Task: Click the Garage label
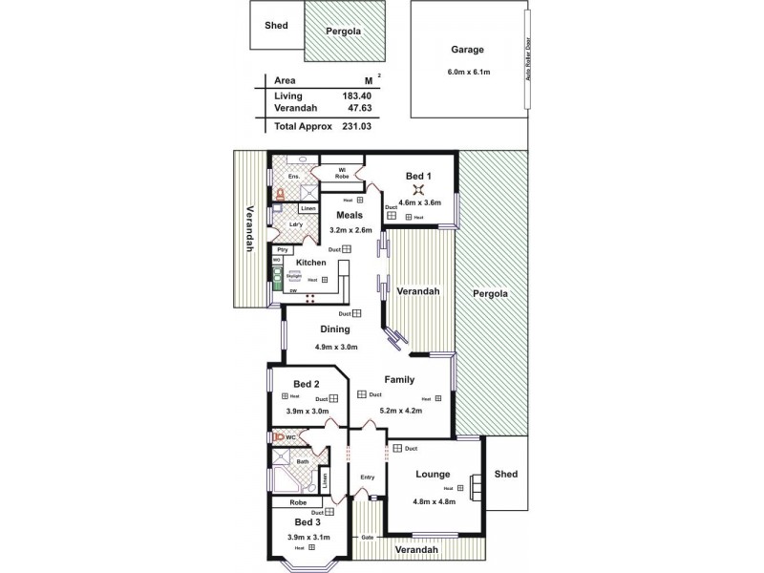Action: pyautogui.click(x=468, y=51)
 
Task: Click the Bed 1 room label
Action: pyautogui.click(x=418, y=177)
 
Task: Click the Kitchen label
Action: pyautogui.click(x=311, y=262)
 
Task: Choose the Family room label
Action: pyautogui.click(x=399, y=379)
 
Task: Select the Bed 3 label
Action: pyautogui.click(x=307, y=522)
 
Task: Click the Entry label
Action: pyautogui.click(x=367, y=477)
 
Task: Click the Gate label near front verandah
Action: pyautogui.click(x=367, y=537)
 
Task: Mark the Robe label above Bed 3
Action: pyautogui.click(x=298, y=501)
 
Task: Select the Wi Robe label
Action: pyautogui.click(x=341, y=173)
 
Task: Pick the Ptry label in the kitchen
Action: pyautogui.click(x=283, y=249)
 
